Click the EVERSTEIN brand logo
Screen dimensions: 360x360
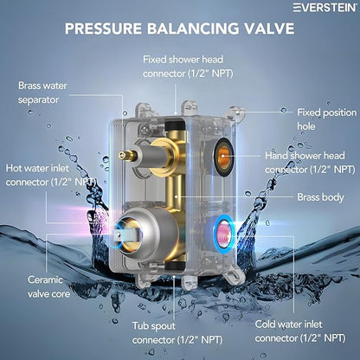[325, 8]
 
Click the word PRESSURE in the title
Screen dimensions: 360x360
[103, 29]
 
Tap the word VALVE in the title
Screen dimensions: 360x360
[269, 29]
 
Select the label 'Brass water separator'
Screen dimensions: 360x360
[42, 93]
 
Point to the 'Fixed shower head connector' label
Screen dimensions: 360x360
[188, 67]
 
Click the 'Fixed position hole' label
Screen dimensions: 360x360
[327, 119]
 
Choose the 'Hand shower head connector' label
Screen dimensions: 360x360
[310, 163]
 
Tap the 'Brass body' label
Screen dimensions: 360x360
[320, 197]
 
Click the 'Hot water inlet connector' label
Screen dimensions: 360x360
[51, 175]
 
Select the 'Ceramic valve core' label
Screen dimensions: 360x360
[48, 286]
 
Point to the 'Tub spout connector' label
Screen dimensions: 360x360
[177, 333]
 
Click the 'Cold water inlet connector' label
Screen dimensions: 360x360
[300, 331]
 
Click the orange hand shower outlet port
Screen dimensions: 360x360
[223, 157]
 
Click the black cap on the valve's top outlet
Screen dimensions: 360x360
[174, 125]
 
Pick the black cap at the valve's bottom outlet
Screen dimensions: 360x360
[174, 266]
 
